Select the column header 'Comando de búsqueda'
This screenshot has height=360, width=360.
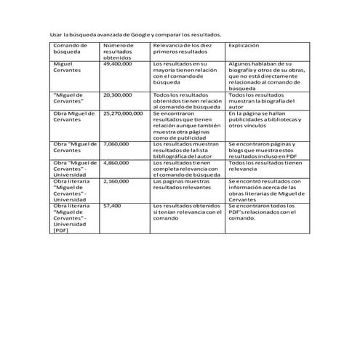[x=70, y=49]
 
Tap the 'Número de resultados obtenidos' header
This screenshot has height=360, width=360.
[x=119, y=52]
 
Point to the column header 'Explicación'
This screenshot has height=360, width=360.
[x=244, y=46]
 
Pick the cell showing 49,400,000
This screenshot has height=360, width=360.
[x=118, y=64]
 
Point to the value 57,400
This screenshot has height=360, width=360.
[x=112, y=206]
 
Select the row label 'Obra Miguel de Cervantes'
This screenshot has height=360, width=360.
[x=73, y=116]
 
